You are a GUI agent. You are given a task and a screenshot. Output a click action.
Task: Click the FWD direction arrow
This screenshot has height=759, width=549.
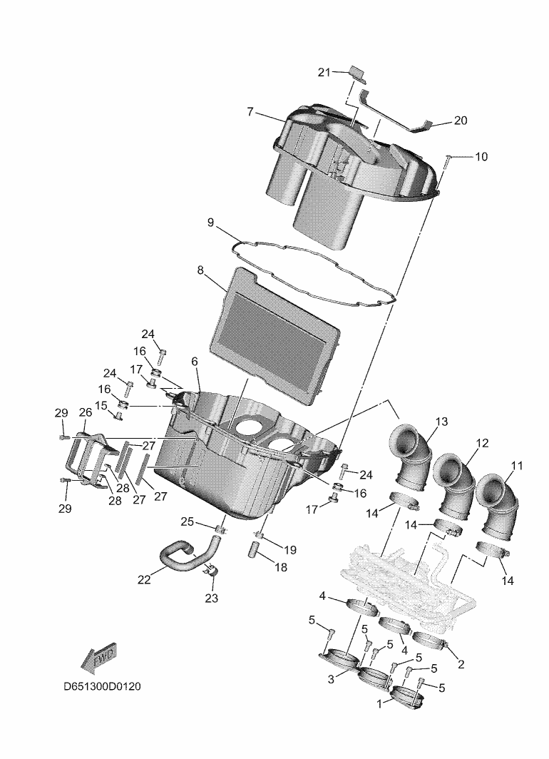pos(100,658)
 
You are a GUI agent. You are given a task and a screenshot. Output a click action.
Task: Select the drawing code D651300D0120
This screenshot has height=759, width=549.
pos(102,686)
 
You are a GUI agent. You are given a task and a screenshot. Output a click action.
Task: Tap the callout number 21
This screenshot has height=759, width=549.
pos(324,73)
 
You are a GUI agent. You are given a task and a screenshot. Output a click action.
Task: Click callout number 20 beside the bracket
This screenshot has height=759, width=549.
pos(461,120)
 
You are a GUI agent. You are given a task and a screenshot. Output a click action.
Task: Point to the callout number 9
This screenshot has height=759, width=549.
pos(210,223)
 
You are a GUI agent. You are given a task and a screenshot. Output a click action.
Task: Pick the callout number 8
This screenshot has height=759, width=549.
pos(200,270)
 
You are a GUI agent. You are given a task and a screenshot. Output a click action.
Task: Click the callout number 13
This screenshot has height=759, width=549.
pos(441,422)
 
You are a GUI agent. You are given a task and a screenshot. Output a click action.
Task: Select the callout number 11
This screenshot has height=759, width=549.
pos(517,466)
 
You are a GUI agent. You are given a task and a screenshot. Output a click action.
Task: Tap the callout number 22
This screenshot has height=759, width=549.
pos(144,579)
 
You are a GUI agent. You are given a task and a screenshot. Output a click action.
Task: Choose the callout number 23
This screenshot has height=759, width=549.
pos(211,598)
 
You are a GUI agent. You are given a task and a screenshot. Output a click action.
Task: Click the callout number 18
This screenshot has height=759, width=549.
pos(280,567)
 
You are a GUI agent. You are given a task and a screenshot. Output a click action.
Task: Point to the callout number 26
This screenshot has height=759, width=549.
pos(85,412)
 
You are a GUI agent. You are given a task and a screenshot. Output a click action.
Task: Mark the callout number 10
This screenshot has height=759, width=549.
pos(481,157)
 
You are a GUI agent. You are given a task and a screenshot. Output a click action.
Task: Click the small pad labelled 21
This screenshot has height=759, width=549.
pos(356,73)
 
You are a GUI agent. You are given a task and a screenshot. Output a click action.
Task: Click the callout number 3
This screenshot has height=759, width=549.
pos(331,680)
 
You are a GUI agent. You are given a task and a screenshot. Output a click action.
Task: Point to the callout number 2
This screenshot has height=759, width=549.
pos(461,665)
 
